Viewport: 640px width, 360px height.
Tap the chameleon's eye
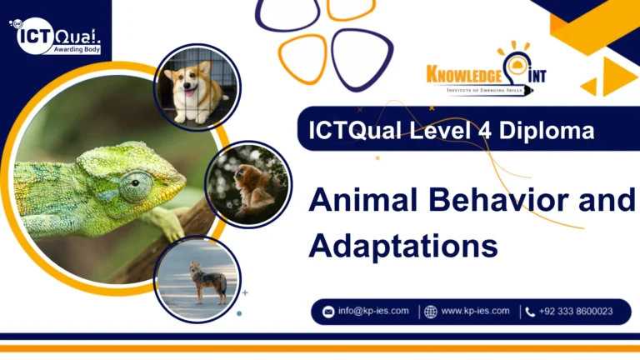(x=135, y=185)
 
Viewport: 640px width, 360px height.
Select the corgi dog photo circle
(x=197, y=87)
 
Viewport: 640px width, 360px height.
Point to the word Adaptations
(x=402, y=245)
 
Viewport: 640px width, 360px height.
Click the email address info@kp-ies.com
(x=372, y=311)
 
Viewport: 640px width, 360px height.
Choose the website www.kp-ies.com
(x=475, y=311)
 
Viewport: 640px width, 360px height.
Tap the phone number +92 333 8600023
(x=576, y=311)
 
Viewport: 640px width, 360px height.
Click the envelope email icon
(x=327, y=312)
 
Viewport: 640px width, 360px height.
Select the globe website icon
(x=430, y=312)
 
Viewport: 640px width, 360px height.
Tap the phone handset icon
(x=530, y=312)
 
